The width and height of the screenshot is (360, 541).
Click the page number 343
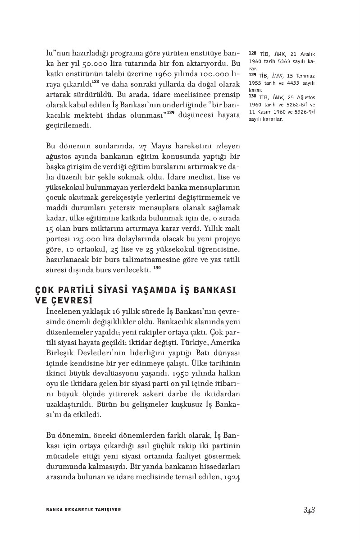coord(309,510)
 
